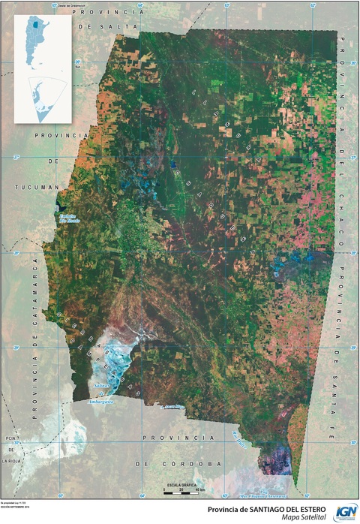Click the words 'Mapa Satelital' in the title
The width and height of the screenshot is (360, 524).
coord(304,515)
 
